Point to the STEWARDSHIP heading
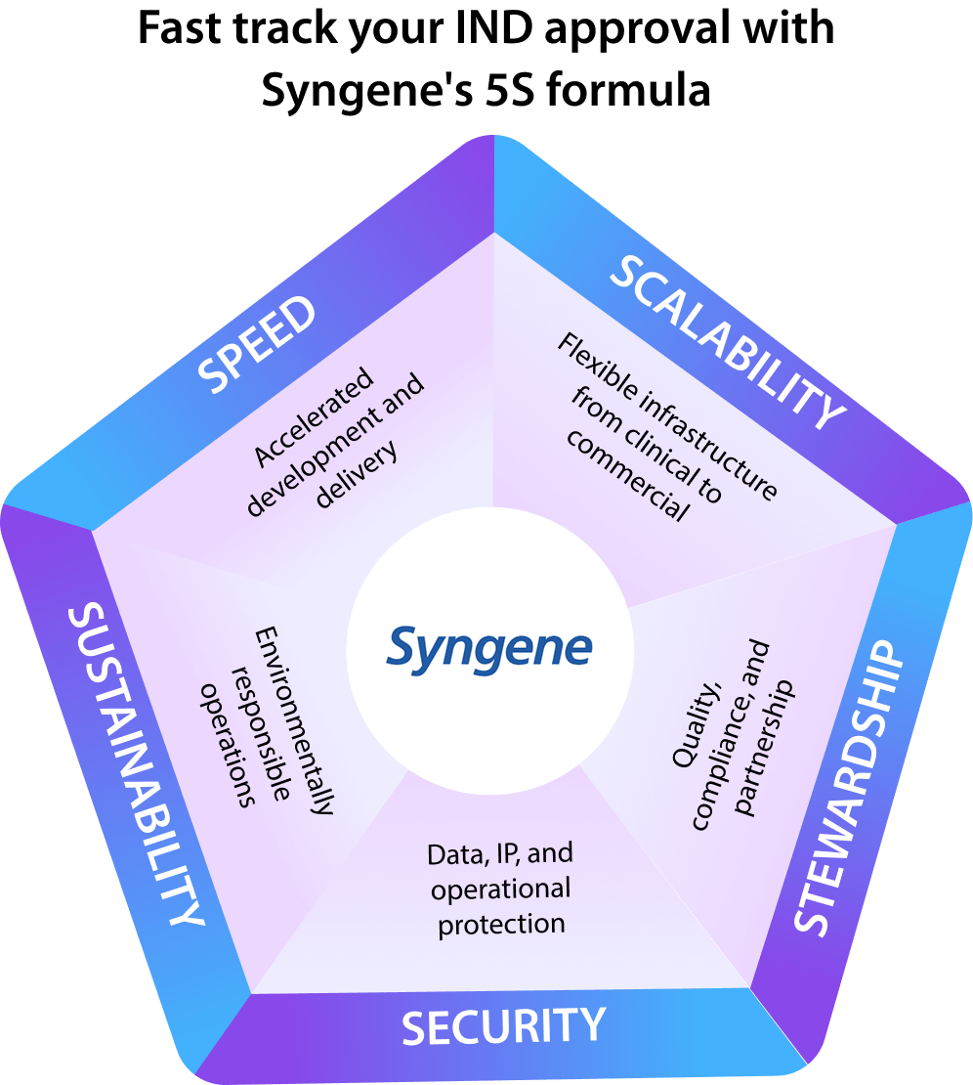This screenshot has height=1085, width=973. pos(846,787)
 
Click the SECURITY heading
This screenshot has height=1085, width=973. pos(503,1027)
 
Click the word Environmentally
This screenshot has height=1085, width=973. pos(292,722)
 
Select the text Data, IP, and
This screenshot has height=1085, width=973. pos(499,854)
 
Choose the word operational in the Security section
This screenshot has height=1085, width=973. pos(500,890)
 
